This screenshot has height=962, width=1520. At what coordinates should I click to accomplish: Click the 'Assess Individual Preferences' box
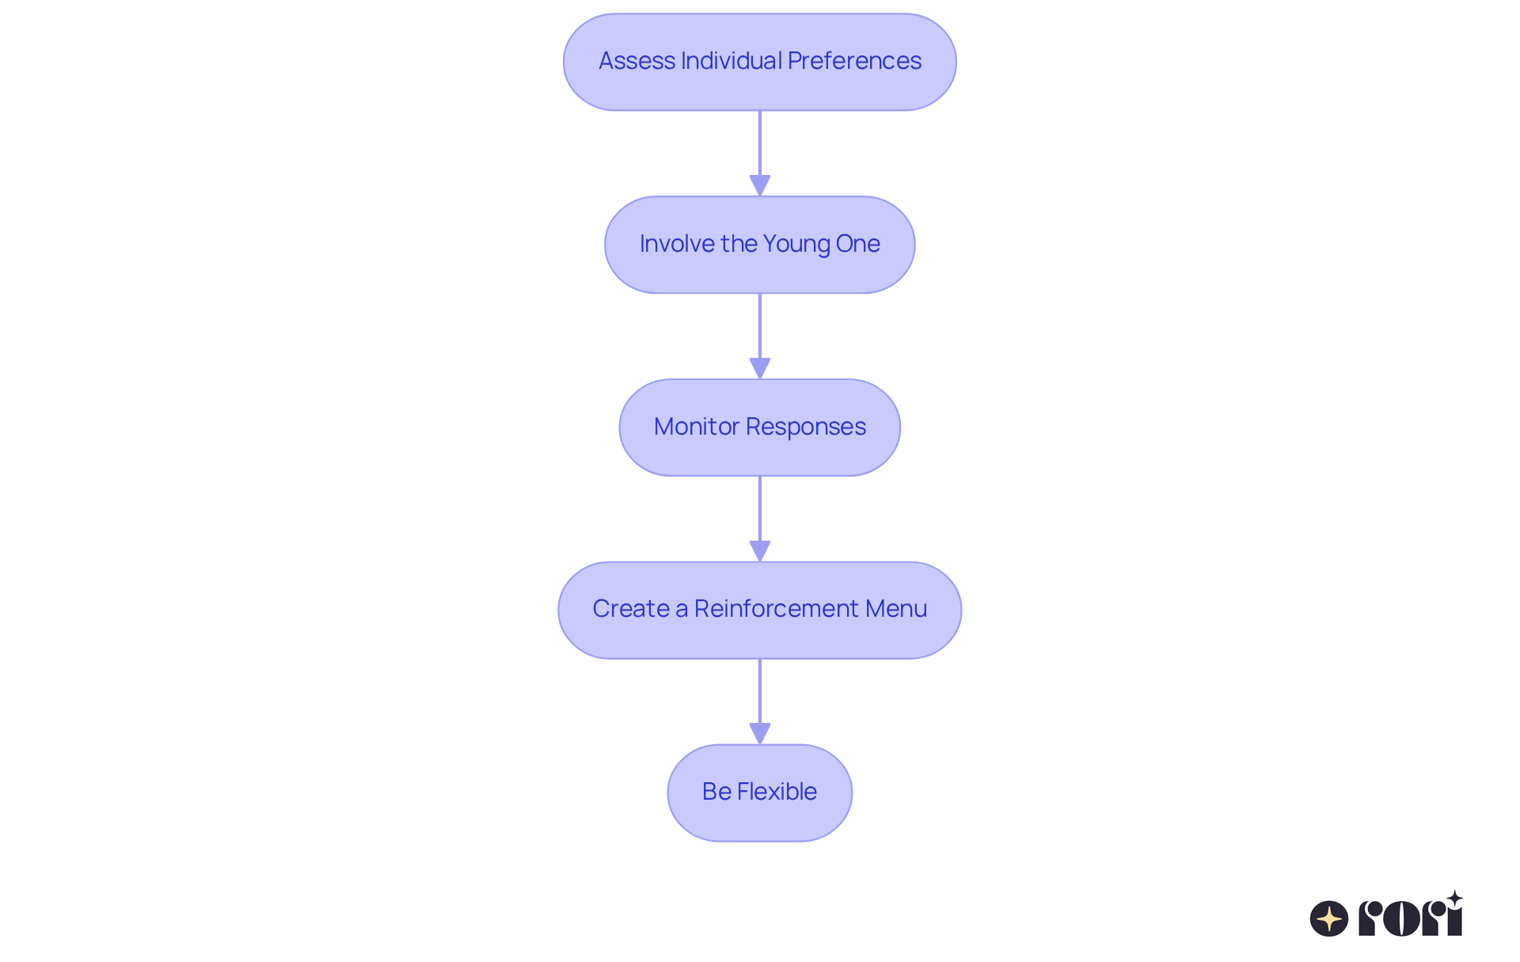[760, 62]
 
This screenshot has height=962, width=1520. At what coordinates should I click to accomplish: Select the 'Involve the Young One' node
[760, 245]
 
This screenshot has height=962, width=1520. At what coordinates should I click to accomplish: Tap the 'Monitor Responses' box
[760, 428]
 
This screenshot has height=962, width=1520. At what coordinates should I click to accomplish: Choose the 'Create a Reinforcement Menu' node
[760, 610]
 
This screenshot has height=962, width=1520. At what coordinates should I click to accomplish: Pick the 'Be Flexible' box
[760, 793]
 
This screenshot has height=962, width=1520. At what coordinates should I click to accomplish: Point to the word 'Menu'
[896, 609]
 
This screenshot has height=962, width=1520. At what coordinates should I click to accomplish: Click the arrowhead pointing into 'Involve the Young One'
[760, 186]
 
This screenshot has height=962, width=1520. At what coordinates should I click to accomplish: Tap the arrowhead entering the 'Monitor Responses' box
[760, 369]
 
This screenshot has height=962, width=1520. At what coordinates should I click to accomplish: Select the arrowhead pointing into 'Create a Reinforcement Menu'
[760, 552]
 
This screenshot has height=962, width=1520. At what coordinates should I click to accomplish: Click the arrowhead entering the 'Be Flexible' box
[760, 734]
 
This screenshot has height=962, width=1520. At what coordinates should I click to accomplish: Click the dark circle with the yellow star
[1329, 918]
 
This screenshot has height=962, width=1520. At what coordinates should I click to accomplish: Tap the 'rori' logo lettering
[1410, 918]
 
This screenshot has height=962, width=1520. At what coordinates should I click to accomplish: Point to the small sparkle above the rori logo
[1454, 899]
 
